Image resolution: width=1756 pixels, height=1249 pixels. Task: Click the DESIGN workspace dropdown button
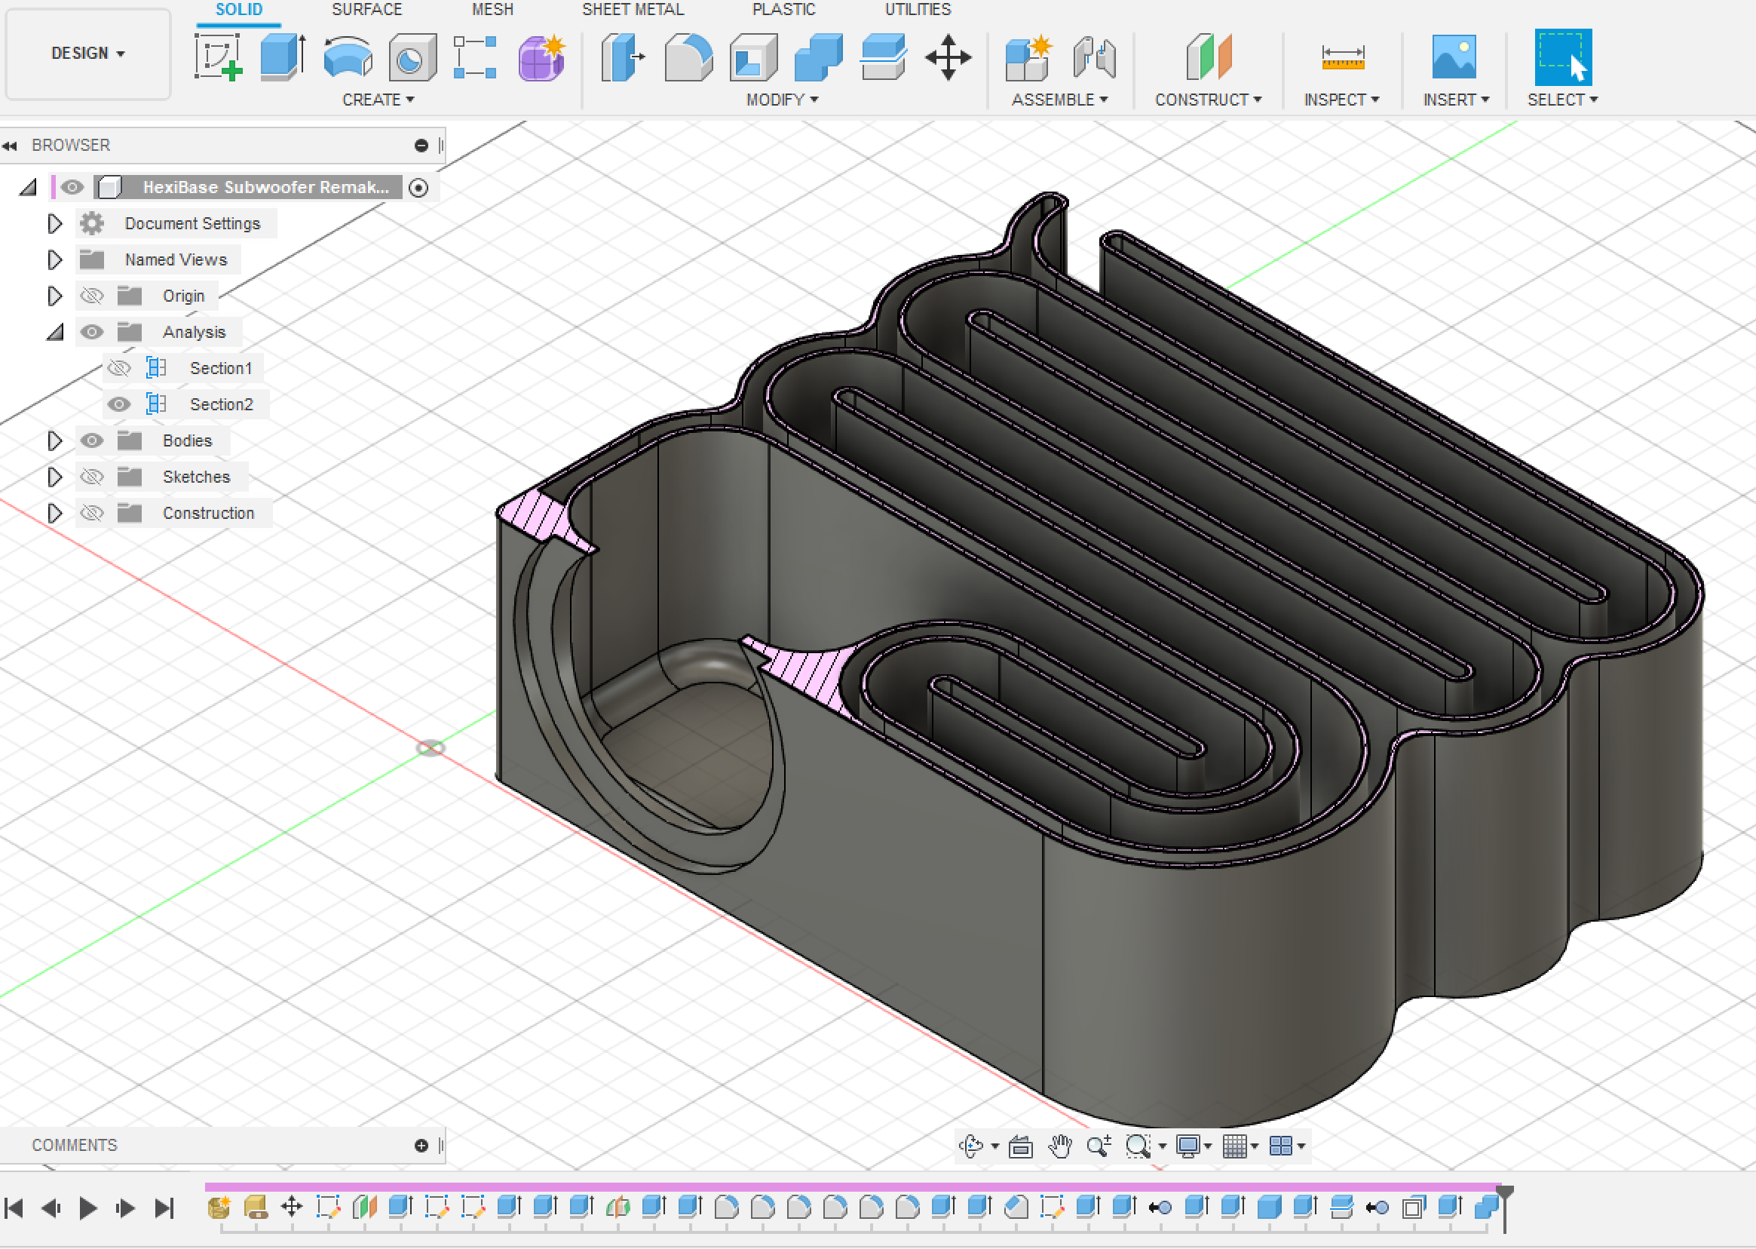point(87,53)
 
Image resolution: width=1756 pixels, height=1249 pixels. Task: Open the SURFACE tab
point(366,10)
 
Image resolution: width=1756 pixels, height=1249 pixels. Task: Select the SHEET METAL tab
point(632,10)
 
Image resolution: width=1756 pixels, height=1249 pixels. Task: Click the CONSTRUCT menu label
point(1207,100)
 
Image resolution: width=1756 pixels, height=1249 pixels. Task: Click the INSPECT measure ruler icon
point(1341,57)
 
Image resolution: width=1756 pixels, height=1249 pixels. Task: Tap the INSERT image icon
point(1453,57)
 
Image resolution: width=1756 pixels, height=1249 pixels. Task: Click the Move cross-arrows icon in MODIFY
point(947,57)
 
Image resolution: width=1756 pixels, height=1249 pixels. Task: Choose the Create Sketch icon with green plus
point(219,57)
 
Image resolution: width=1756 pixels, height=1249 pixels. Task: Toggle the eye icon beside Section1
point(119,368)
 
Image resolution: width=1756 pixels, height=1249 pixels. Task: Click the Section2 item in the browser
point(221,404)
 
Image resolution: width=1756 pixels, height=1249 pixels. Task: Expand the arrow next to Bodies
point(54,440)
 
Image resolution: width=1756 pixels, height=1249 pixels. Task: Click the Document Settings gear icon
point(92,224)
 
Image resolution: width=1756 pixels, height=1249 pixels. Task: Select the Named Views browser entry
point(176,260)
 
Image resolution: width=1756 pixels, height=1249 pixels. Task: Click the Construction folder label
point(207,513)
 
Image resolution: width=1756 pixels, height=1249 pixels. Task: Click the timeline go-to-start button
point(14,1208)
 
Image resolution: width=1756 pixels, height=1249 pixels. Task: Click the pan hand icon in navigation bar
point(1060,1146)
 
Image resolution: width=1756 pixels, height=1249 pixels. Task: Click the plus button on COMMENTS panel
point(421,1146)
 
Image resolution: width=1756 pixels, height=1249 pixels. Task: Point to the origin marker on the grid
point(431,747)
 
